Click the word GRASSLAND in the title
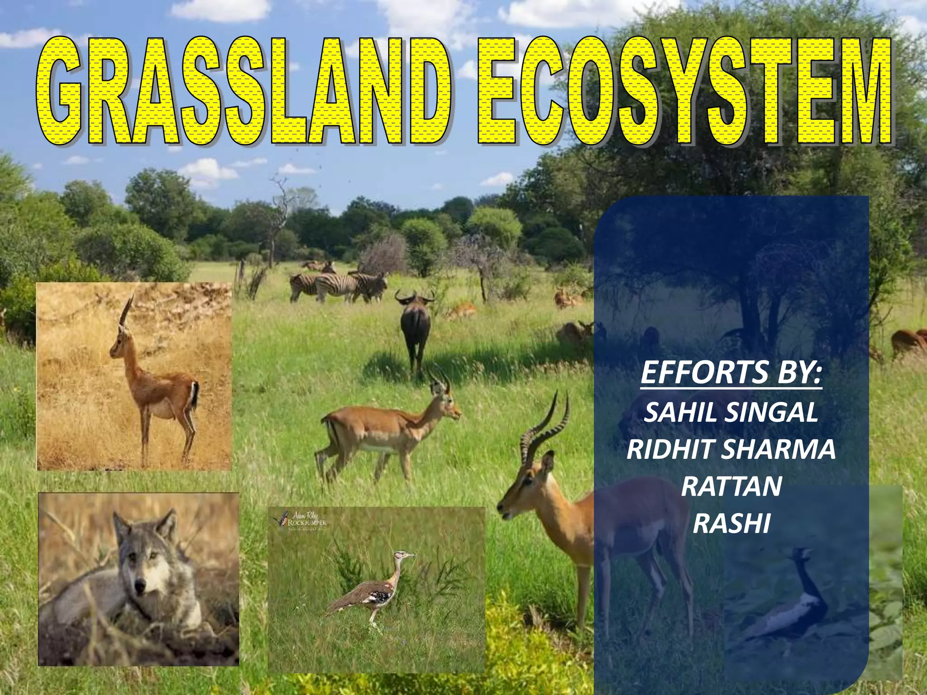tap(244, 90)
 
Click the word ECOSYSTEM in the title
tap(683, 90)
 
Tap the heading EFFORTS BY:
tap(731, 372)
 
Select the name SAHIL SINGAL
tap(731, 412)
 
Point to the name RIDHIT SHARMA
tap(731, 449)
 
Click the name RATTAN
tap(731, 486)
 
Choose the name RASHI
tap(731, 524)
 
